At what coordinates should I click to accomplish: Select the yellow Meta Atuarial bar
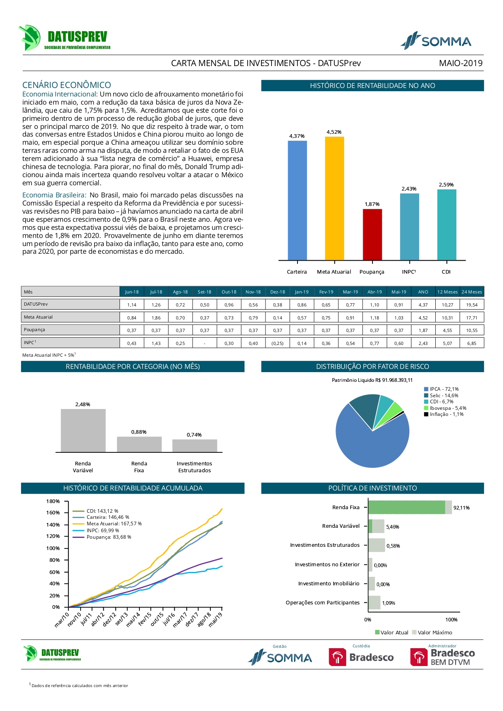[x=334, y=198]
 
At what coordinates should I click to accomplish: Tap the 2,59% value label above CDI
[x=446, y=185]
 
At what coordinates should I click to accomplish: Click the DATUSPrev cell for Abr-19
[x=375, y=305]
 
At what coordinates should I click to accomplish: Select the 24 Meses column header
[x=472, y=292]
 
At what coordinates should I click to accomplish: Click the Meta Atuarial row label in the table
[x=39, y=317]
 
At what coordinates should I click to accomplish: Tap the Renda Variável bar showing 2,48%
[x=83, y=430]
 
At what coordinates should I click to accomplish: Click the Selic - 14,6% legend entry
[x=444, y=396]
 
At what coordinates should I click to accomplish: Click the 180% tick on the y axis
[x=53, y=501]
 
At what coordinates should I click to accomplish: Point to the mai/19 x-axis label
[x=216, y=620]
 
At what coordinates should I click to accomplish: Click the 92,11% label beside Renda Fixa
[x=461, y=508]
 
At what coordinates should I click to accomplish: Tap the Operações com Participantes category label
[x=323, y=603]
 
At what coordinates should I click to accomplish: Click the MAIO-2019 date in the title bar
[x=461, y=63]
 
